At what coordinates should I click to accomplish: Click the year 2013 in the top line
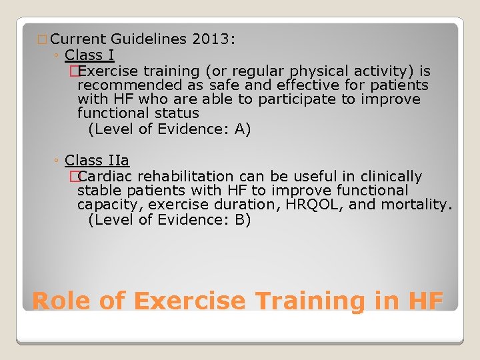coord(210,39)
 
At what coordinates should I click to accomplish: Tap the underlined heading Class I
coord(90,55)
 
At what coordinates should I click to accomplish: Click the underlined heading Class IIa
coord(97,161)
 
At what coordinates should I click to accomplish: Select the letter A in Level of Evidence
coord(239,129)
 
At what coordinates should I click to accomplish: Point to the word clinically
coord(391,177)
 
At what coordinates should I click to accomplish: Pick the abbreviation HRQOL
coord(312,205)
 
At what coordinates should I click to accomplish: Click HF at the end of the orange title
coord(424,301)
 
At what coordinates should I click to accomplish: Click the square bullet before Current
coord(43,40)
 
